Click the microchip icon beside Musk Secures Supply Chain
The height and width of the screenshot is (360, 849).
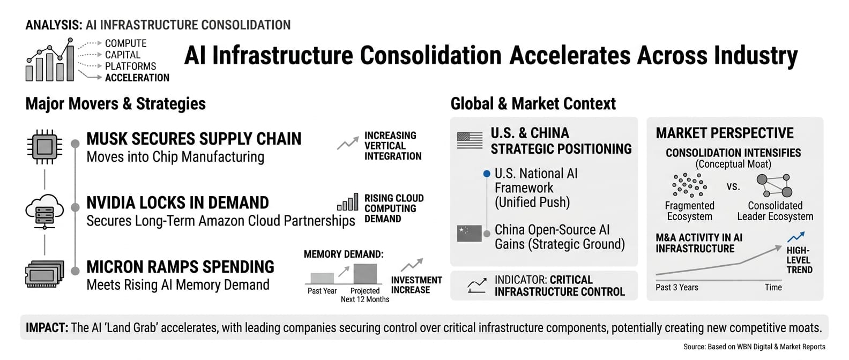(44, 146)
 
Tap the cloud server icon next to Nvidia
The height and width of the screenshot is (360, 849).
(44, 211)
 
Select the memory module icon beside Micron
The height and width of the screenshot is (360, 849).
(44, 274)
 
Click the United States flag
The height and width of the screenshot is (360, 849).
(470, 140)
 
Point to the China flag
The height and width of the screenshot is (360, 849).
(469, 233)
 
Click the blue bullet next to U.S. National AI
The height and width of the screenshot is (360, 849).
(487, 174)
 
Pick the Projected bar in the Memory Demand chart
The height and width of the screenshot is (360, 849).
(365, 273)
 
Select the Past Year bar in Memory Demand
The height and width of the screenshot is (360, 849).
(322, 278)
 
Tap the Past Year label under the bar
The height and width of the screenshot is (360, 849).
(322, 291)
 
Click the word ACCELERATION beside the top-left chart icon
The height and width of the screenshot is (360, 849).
(137, 78)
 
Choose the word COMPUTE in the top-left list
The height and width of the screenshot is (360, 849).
(125, 43)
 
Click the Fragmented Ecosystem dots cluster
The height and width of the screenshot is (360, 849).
(689, 185)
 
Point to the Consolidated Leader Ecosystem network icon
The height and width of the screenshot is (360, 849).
(774, 185)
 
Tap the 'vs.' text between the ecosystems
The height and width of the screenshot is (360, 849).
(733, 186)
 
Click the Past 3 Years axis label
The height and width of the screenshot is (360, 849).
(676, 287)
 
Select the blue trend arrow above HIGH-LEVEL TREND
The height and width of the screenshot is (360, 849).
(796, 236)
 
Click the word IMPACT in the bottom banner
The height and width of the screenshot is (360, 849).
(47, 327)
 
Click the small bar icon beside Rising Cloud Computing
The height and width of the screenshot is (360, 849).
(347, 202)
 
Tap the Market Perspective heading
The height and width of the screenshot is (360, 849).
(725, 133)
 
